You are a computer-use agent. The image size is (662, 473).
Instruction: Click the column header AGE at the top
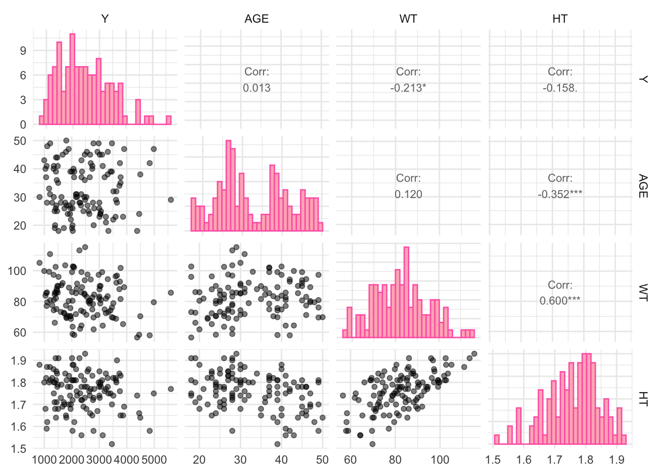(257, 19)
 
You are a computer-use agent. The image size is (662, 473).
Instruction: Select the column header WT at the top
(408, 19)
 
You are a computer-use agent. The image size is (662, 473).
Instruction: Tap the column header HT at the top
(560, 19)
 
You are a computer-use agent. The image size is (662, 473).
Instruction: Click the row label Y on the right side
(643, 79)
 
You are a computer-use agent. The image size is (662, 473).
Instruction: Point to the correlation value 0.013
(257, 88)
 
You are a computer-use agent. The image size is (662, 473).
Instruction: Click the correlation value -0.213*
(408, 88)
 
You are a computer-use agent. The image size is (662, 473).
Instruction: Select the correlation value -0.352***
(560, 194)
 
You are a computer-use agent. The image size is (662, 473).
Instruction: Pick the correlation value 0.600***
(560, 301)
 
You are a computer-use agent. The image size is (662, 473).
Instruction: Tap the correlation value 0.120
(408, 194)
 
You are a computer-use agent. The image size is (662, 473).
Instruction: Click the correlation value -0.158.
(560, 88)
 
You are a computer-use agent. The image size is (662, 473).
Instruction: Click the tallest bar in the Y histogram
(72, 79)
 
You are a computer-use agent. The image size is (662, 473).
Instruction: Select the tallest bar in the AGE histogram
(229, 185)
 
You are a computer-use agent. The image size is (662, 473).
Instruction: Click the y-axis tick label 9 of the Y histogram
(23, 51)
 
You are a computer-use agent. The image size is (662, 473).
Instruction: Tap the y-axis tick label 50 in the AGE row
(20, 141)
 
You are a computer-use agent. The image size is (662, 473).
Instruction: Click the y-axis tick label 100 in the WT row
(17, 271)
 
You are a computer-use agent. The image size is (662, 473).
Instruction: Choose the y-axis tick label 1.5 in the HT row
(19, 449)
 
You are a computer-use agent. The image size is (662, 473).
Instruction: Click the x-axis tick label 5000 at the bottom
(154, 460)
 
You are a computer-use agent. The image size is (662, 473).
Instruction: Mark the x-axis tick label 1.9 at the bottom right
(616, 460)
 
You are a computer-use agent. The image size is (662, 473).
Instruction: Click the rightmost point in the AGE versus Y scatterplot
(171, 200)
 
